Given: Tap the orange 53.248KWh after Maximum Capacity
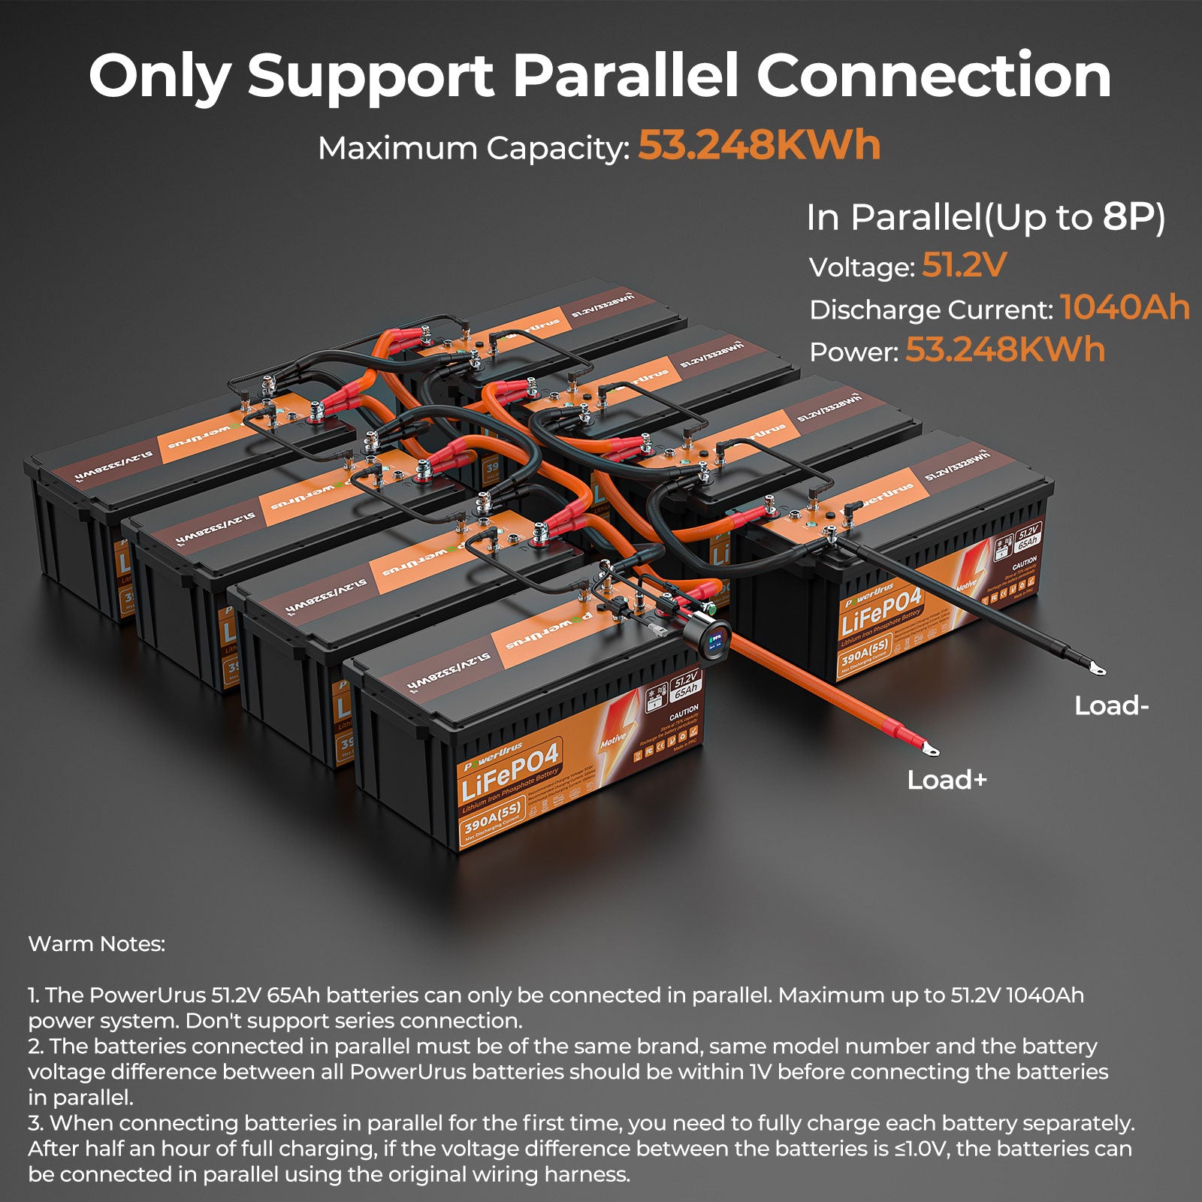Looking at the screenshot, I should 759,146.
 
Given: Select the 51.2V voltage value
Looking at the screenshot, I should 963,265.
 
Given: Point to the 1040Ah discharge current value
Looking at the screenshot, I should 1125,308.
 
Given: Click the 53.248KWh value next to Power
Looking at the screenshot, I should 1005,350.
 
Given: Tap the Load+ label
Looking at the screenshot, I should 947,780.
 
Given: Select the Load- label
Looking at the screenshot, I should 1111,705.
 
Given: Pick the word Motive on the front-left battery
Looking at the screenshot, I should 613,740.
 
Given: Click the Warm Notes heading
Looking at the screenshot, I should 96,944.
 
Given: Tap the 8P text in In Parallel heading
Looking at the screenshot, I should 1134,218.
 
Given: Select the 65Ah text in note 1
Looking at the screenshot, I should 294,995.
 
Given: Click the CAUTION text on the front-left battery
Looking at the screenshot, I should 683,710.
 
